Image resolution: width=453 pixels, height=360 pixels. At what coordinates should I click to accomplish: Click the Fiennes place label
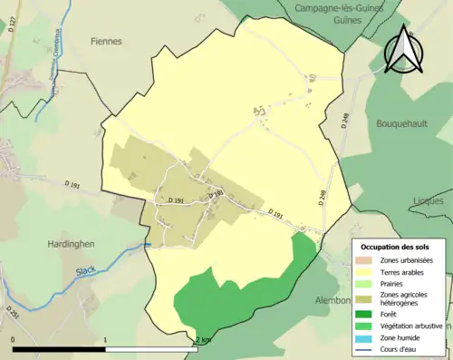click(108, 41)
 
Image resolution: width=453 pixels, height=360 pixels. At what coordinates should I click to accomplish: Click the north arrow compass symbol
click(403, 49)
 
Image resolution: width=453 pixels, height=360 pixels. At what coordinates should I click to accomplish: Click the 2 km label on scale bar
click(204, 340)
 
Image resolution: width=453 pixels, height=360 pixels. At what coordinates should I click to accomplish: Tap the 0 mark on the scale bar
click(13, 340)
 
